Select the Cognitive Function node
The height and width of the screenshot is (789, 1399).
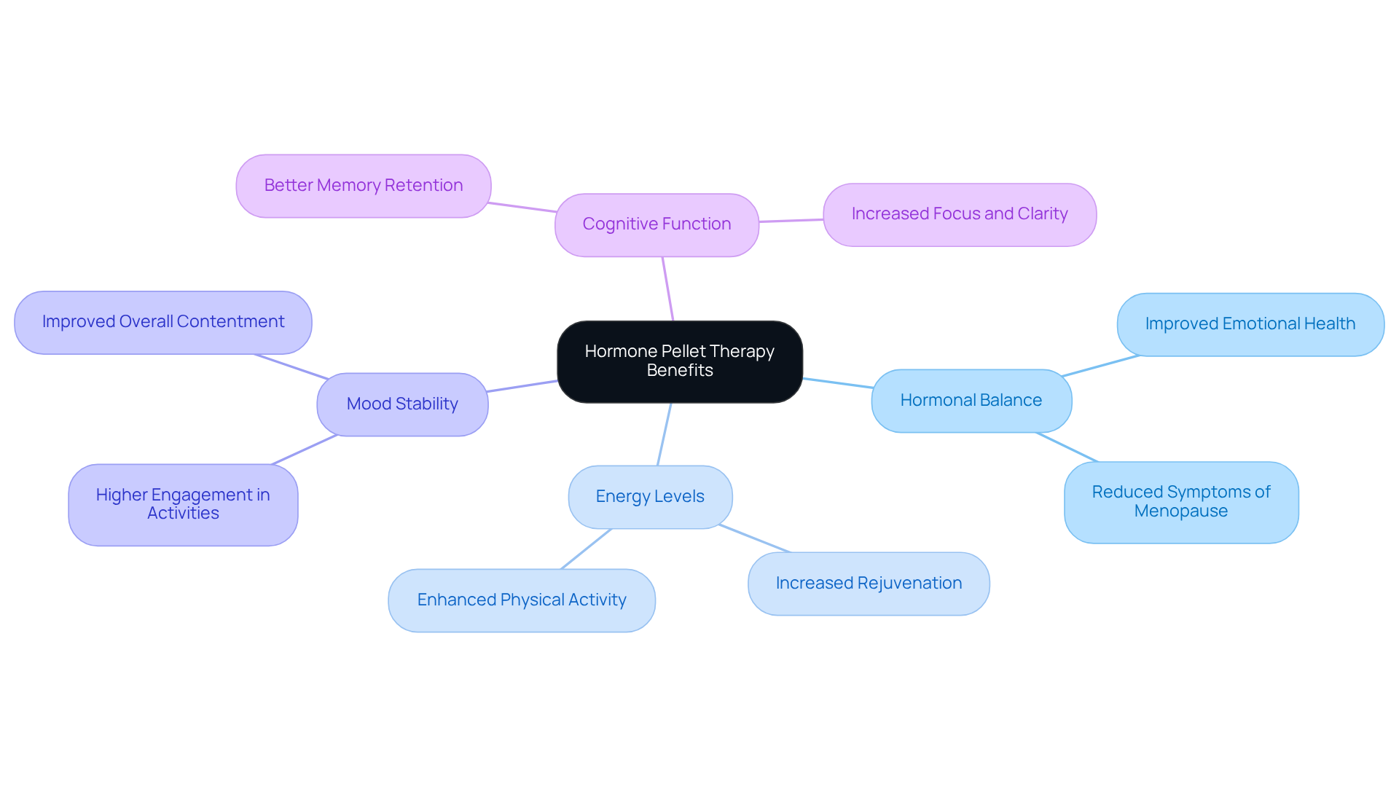click(657, 224)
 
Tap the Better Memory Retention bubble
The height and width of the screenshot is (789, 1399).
click(363, 186)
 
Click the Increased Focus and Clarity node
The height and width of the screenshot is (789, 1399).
click(959, 214)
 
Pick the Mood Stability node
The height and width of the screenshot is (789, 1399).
click(402, 404)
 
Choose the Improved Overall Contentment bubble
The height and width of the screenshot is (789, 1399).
click(162, 322)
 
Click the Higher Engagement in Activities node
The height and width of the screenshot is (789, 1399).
click(183, 504)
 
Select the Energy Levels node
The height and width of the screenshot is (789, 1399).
click(650, 497)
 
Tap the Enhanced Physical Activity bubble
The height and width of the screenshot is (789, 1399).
click(521, 600)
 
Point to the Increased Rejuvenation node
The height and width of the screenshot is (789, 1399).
click(869, 584)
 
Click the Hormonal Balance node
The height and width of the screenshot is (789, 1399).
click(971, 401)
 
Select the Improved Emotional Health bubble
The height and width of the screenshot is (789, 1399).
click(1250, 324)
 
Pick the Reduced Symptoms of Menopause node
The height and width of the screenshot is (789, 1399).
click(1180, 502)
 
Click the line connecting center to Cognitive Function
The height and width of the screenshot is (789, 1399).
click(668, 289)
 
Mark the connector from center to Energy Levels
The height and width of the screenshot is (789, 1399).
click(665, 434)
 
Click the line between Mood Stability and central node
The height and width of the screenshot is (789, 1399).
click(522, 386)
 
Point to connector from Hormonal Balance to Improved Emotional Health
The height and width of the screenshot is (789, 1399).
click(1100, 366)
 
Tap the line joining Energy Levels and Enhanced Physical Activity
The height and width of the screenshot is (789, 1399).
click(587, 549)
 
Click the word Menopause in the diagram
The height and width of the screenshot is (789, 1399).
click(1180, 511)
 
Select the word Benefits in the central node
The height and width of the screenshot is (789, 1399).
click(679, 371)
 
